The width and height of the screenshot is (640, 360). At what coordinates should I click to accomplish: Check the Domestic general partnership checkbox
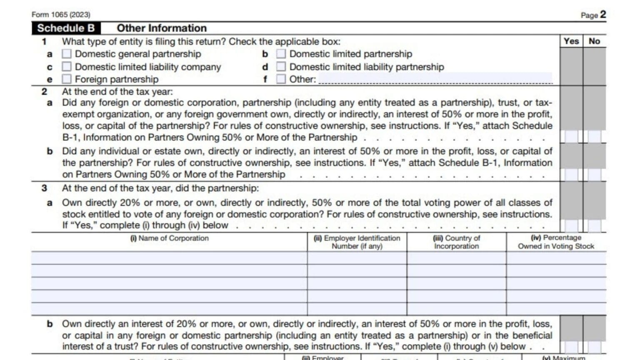pos(67,54)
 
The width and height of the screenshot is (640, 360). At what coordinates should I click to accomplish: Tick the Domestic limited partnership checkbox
pos(281,54)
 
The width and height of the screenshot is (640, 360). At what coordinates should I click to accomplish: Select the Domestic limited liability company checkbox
pos(67,67)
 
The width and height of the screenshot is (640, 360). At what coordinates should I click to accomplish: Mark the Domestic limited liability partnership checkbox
pos(281,67)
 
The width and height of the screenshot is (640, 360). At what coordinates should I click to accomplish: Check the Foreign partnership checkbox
pos(67,79)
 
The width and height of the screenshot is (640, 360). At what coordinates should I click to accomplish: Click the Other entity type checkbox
pos(281,79)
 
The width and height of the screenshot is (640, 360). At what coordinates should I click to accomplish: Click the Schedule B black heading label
pos(66,28)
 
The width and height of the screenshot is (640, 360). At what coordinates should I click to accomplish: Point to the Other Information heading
pos(162,28)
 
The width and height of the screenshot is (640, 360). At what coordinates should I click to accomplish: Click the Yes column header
pos(571,41)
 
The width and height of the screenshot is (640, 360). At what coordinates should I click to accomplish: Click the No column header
pos(594,41)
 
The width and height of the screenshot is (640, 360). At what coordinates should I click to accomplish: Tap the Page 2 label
pos(593,15)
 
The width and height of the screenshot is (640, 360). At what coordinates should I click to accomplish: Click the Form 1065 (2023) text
pos(61,15)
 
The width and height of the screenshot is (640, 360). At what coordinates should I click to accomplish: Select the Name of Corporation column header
pos(169,238)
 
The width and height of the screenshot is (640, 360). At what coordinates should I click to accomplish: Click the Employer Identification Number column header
pos(357,242)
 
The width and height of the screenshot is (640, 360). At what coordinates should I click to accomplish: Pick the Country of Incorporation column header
pos(456,242)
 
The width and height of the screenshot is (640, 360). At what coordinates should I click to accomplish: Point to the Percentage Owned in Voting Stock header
pos(556,242)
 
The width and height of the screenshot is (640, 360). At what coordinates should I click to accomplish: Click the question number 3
pos(44,188)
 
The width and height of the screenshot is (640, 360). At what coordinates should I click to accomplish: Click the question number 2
pos(44,92)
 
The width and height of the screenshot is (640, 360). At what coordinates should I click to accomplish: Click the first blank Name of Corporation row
pos(169,258)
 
